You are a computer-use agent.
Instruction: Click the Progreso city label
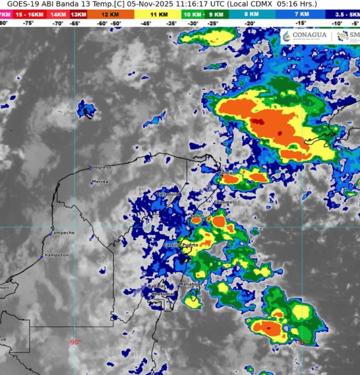[101, 167]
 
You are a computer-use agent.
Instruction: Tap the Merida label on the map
[100, 182]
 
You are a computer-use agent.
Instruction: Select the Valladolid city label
[168, 194]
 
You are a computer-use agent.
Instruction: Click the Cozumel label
[224, 202]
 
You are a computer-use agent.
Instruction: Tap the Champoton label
[55, 255]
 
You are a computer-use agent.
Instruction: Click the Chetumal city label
[163, 294]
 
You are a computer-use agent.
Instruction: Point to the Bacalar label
[157, 286]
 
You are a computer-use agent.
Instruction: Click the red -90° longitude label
[75, 342]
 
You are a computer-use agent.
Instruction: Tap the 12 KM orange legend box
[110, 14]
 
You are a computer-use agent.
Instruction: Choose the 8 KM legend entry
[252, 14]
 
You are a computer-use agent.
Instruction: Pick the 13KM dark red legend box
[78, 14]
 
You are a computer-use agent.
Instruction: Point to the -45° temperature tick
[146, 23]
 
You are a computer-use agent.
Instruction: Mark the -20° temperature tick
[250, 23]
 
